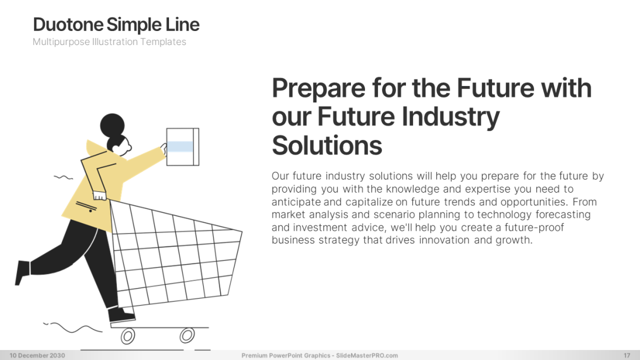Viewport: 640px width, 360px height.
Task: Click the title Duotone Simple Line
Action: (116, 25)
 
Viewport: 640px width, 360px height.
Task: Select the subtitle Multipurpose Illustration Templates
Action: (109, 42)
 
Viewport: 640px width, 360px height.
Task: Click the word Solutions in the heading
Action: (326, 145)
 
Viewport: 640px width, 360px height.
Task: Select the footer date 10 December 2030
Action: (37, 355)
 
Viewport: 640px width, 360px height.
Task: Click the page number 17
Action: (627, 355)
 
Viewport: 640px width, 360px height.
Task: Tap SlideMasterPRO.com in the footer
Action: (367, 355)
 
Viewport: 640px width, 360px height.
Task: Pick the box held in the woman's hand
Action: (183, 147)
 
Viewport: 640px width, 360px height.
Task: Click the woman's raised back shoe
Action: (22, 272)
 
